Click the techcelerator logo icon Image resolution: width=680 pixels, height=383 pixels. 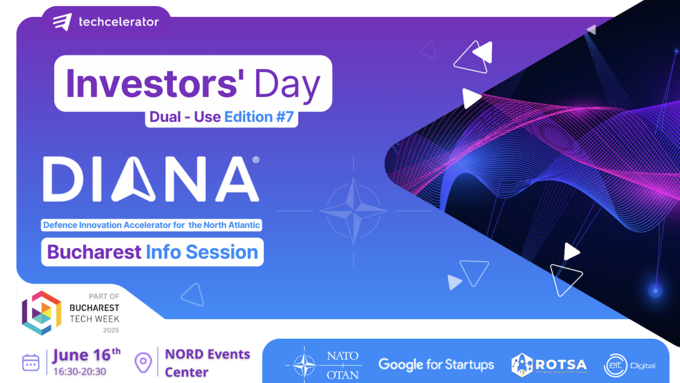click(x=62, y=22)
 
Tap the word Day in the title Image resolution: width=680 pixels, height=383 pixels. click(x=287, y=84)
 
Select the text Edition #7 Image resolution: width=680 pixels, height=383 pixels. click(x=259, y=117)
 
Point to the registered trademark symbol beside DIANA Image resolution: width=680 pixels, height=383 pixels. click(x=256, y=160)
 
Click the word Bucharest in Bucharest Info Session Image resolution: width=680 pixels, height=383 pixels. click(x=94, y=252)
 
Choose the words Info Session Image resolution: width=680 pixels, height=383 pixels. click(x=202, y=252)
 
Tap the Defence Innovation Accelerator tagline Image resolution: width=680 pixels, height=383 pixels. click(x=151, y=225)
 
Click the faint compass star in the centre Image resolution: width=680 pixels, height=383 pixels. click(x=353, y=211)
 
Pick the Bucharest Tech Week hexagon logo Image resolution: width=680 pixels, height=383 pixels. click(x=41, y=313)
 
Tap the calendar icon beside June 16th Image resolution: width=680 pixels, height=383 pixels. click(x=31, y=362)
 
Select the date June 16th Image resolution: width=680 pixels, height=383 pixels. click(x=87, y=354)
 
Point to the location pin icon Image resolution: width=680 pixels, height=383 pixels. click(x=143, y=362)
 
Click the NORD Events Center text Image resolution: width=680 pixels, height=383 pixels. click(x=207, y=363)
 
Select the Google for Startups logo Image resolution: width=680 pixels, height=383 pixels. click(x=436, y=365)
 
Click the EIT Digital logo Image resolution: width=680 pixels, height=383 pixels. click(x=630, y=365)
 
